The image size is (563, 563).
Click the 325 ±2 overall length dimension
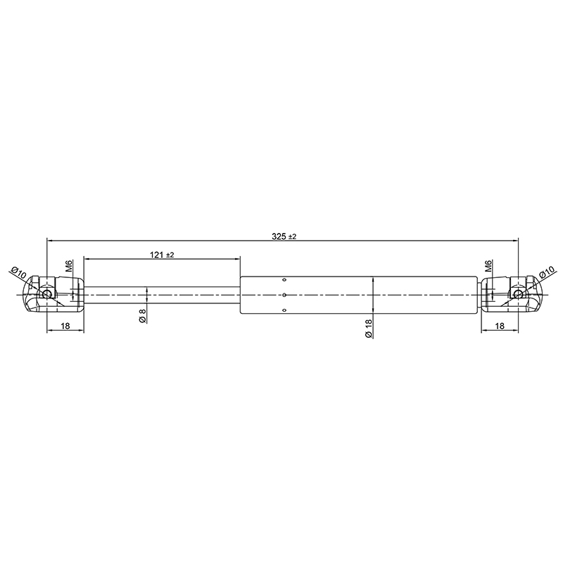[284, 236]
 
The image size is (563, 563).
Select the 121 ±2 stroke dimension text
[162, 255]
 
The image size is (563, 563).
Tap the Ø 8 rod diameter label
[143, 315]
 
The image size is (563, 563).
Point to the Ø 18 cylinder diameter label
[368, 329]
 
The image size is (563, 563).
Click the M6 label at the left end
[69, 266]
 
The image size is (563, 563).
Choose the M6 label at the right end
[488, 266]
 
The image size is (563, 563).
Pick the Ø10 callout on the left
[19, 274]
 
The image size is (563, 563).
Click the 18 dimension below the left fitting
[65, 326]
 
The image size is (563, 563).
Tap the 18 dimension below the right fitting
[500, 326]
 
